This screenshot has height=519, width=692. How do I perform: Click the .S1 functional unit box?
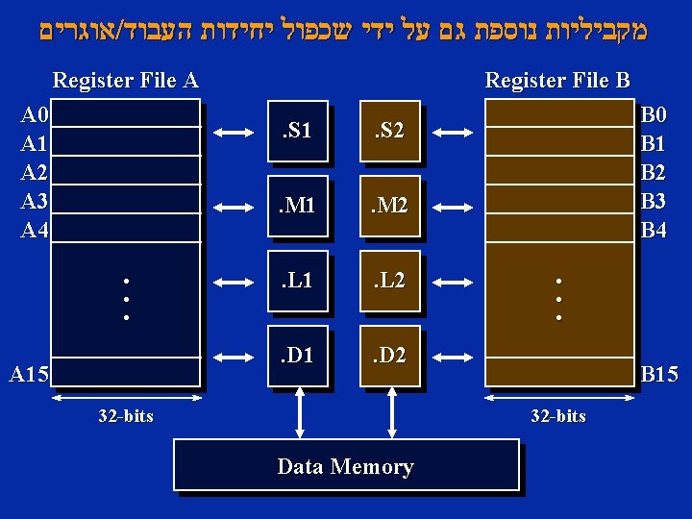coord(297,131)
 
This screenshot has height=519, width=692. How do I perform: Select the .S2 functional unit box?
coord(389,131)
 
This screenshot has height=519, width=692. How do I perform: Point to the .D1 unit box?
coord(297,358)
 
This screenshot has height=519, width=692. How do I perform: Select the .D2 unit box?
coord(389,358)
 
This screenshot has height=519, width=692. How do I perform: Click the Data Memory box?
coord(345,466)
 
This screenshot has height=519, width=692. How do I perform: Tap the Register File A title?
coord(125,80)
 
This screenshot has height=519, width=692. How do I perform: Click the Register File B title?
coord(557,80)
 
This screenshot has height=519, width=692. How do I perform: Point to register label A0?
coord(35,116)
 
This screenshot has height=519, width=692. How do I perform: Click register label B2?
coord(654,173)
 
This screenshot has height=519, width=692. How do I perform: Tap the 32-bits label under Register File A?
coord(126,416)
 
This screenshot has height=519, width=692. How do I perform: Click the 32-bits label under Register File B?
coord(558,416)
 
